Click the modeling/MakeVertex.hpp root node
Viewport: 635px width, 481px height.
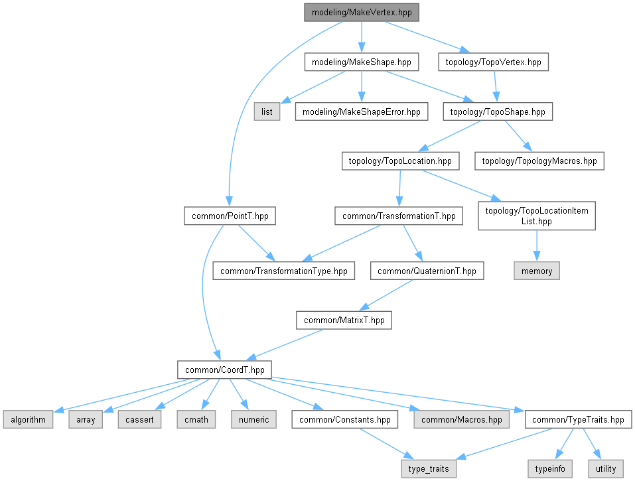[362, 13]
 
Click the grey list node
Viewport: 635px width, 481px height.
[267, 112]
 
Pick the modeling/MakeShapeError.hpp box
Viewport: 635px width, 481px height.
[361, 112]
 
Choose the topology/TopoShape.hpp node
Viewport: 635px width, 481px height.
[498, 112]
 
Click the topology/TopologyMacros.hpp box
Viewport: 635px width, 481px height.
[539, 161]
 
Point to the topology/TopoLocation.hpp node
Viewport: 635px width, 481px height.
[399, 161]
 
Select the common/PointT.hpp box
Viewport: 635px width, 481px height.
[230, 216]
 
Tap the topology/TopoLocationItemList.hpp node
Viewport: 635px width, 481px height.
[536, 216]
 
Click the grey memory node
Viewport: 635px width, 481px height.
[537, 271]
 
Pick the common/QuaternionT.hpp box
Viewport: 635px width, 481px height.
[427, 271]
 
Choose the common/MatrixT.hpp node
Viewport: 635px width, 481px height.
[344, 320]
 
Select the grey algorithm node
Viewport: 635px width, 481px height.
[27, 419]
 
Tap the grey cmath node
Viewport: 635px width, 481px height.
[196, 419]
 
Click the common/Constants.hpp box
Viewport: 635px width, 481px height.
[345, 419]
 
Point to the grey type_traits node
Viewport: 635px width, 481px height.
[429, 468]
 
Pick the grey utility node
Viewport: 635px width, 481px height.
[605, 468]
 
